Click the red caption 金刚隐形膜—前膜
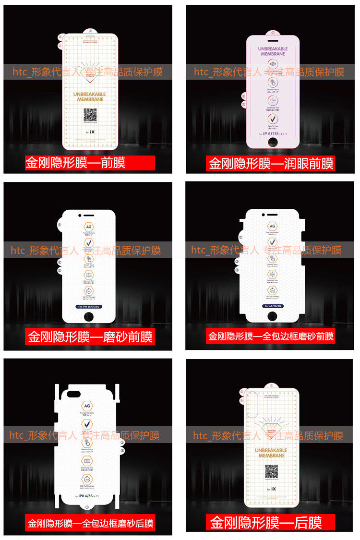click(90, 163)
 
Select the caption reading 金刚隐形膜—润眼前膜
click(271, 163)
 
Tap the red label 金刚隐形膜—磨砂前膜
click(90, 336)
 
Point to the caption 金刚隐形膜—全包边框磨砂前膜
click(271, 336)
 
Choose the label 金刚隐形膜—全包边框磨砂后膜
click(90, 523)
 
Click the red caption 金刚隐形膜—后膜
click(265, 522)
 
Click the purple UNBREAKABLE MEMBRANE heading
click(273, 51)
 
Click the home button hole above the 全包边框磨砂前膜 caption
click(272, 316)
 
